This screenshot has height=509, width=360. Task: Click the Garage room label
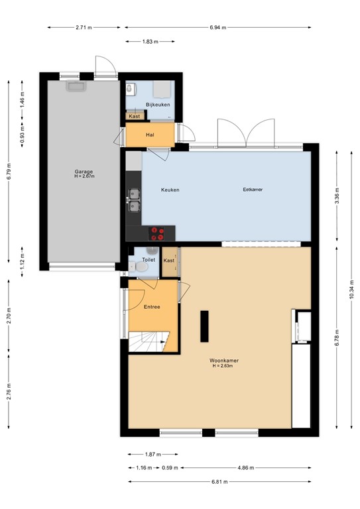click(84, 171)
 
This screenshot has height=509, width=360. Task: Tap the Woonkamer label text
click(225, 361)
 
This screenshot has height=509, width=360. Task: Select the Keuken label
click(170, 190)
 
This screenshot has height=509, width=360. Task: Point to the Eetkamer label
click(253, 190)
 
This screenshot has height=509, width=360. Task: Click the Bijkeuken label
click(158, 105)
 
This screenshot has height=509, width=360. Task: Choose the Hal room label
click(150, 135)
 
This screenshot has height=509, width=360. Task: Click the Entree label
click(152, 308)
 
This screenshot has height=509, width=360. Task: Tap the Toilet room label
click(149, 260)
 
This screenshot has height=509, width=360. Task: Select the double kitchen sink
click(134, 199)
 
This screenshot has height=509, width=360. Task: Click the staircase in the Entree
click(150, 343)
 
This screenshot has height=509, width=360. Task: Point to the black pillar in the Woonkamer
click(205, 325)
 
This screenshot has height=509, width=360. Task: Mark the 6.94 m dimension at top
click(217, 27)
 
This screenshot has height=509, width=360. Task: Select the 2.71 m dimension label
click(84, 27)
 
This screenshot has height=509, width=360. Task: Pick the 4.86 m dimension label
click(245, 468)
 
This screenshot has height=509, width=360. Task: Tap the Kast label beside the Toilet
click(169, 260)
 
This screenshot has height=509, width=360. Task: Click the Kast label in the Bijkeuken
click(134, 117)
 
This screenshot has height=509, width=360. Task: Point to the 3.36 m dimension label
click(337, 197)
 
